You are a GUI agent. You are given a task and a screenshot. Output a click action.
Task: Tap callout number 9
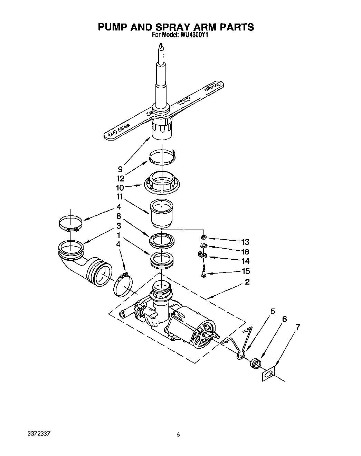tap(120, 169)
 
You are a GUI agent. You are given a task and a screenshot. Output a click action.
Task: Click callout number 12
tap(120, 179)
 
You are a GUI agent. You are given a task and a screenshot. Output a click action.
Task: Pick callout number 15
tap(246, 271)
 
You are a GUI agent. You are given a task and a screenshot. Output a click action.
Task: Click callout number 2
tap(247, 281)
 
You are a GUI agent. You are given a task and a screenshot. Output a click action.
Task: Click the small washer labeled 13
tap(204, 237)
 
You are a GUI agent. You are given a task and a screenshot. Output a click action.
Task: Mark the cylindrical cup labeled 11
tap(161, 213)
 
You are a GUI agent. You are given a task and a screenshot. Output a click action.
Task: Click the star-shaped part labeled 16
tap(203, 246)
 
